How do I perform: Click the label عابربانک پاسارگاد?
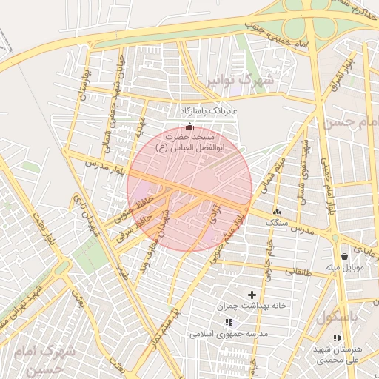207,111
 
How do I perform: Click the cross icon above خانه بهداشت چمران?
252,295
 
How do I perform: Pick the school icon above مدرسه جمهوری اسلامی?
228,322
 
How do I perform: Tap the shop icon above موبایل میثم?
345,256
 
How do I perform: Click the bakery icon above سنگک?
277,211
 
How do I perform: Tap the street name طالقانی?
310,272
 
